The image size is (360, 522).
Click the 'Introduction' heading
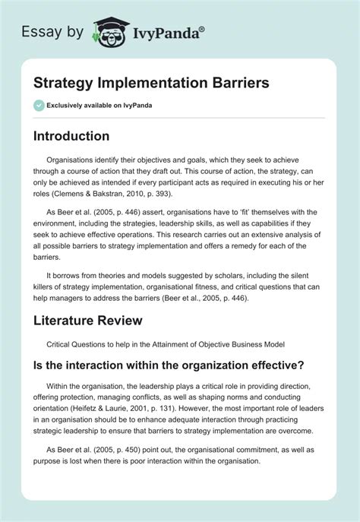(x=71, y=137)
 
